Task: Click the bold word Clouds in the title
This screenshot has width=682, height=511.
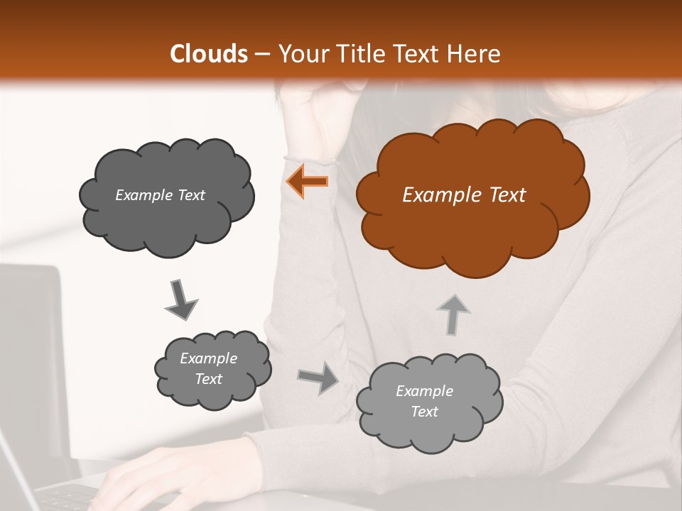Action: (x=208, y=54)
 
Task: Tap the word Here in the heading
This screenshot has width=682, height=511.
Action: (x=477, y=54)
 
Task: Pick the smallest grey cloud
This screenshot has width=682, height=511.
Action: (x=212, y=369)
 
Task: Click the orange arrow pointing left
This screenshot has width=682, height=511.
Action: (x=308, y=182)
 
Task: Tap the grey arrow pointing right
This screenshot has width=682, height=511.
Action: (x=318, y=378)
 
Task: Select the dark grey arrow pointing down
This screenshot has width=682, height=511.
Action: (x=180, y=300)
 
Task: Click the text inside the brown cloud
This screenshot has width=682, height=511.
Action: (x=464, y=195)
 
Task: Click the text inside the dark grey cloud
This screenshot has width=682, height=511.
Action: (x=160, y=195)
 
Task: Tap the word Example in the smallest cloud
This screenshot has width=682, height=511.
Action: (x=208, y=358)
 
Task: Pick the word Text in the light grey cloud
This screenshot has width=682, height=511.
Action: (x=424, y=412)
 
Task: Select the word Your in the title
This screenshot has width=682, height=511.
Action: (x=299, y=54)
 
